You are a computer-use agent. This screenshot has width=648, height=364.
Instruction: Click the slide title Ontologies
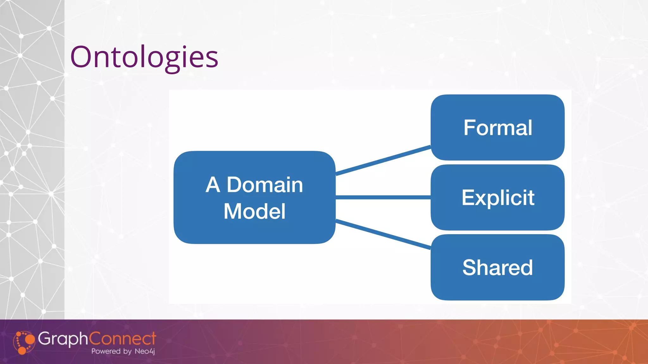(144, 57)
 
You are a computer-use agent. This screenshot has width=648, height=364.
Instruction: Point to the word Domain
(265, 185)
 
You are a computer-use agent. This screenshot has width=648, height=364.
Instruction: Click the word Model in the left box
(254, 211)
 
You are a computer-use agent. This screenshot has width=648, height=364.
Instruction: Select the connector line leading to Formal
(383, 160)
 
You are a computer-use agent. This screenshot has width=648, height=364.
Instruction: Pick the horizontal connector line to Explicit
(383, 197)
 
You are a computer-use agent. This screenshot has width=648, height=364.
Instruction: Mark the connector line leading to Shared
(383, 234)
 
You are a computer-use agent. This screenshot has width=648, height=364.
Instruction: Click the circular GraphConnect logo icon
(24, 343)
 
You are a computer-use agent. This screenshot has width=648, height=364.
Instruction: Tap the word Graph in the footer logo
(63, 339)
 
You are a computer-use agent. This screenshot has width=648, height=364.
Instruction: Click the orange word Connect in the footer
(122, 338)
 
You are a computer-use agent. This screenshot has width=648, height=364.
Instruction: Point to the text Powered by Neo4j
(123, 351)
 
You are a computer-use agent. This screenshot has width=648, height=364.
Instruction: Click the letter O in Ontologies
(81, 57)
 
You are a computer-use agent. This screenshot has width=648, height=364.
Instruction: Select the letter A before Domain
(213, 185)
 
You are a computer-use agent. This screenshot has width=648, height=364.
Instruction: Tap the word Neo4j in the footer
(145, 351)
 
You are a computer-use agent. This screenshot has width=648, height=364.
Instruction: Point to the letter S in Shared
(470, 267)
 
